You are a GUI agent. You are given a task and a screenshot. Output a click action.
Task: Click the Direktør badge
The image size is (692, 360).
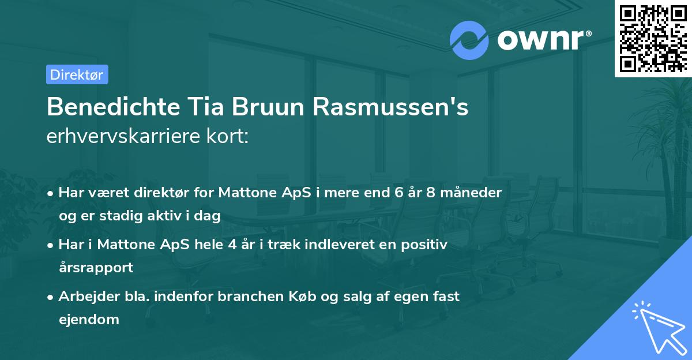(77, 74)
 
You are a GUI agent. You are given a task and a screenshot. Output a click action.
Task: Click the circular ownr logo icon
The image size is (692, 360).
(469, 40)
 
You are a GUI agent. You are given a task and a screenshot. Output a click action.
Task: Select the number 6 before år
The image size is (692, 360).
(398, 192)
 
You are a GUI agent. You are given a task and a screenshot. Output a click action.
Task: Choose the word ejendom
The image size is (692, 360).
(89, 319)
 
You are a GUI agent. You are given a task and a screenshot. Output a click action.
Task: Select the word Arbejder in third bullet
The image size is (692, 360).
(84, 296)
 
